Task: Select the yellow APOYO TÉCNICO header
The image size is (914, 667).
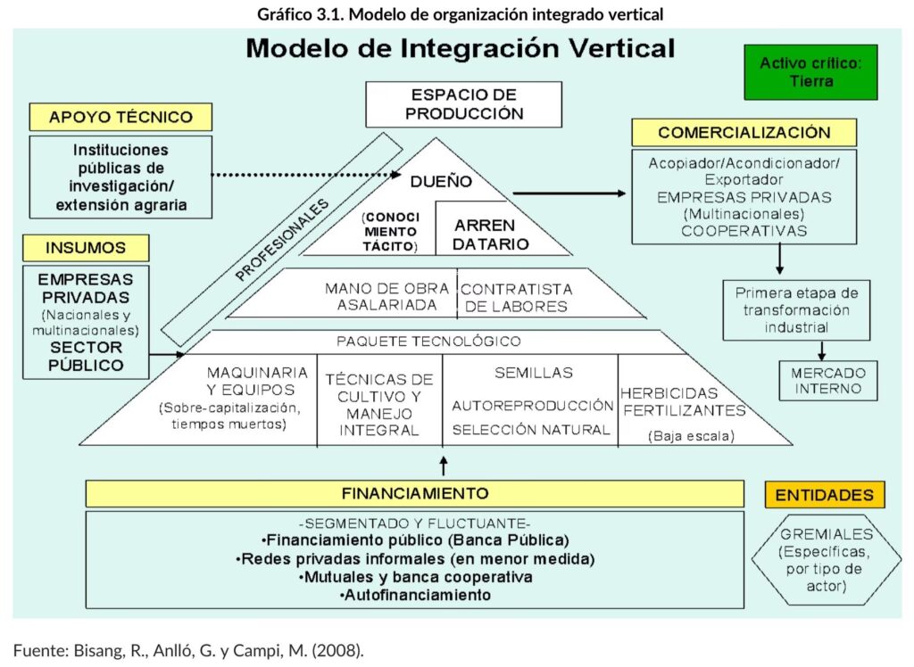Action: click(x=120, y=117)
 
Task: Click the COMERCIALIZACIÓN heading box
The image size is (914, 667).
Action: click(x=744, y=133)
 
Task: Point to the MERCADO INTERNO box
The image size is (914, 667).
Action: click(x=827, y=381)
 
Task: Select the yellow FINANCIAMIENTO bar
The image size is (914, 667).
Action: click(x=415, y=493)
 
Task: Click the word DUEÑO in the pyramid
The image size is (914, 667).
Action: click(x=435, y=181)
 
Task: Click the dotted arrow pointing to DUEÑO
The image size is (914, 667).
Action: click(x=303, y=175)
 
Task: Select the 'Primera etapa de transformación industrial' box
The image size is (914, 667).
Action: click(x=782, y=310)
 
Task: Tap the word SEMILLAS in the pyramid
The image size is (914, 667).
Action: click(x=533, y=373)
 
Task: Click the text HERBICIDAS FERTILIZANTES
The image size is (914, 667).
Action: click(x=683, y=401)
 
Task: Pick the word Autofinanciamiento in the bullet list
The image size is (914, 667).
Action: click(x=415, y=595)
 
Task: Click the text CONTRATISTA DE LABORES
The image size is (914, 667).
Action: click(x=517, y=298)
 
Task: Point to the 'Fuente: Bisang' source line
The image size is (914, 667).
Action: click(x=188, y=650)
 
